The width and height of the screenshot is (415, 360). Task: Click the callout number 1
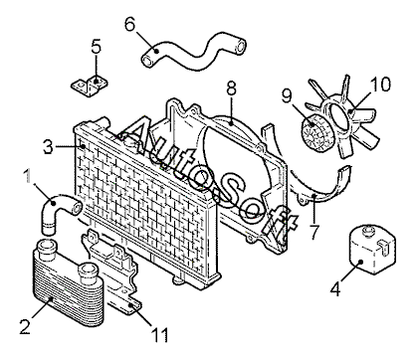coord(30,176)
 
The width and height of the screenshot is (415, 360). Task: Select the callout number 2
coord(25,326)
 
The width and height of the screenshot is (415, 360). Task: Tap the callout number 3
coord(48,146)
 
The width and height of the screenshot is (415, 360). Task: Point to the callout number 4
coord(335,288)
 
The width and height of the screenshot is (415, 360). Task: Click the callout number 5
coord(96,47)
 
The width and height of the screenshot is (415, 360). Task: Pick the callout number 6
coord(130,24)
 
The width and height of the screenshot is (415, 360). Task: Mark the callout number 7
coord(313,232)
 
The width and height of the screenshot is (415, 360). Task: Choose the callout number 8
coord(231,89)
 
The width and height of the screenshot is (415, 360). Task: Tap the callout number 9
coord(288,95)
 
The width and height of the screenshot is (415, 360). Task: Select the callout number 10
coord(380,85)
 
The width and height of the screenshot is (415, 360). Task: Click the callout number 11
coord(159,334)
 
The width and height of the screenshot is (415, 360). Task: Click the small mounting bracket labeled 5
coord(90,87)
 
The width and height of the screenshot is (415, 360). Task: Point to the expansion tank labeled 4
coord(372,250)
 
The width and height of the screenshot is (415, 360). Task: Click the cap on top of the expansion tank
coord(368,231)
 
